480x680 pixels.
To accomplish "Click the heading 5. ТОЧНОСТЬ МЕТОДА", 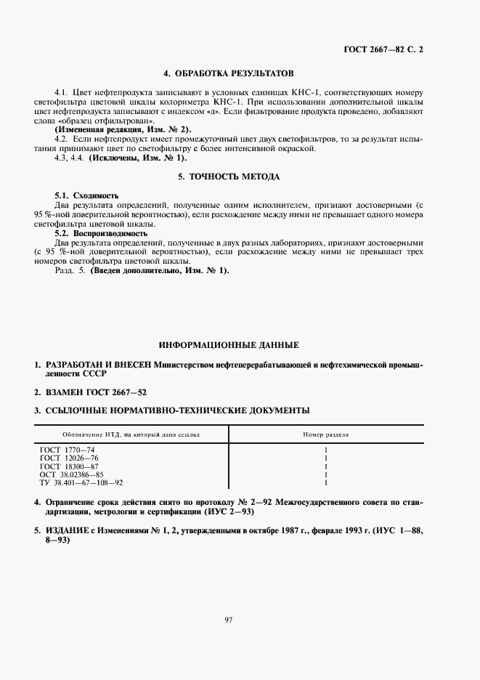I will pos(229,177).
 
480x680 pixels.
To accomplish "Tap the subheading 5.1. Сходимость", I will pos(87,196).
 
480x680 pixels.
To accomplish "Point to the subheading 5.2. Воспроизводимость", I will pos(102,233).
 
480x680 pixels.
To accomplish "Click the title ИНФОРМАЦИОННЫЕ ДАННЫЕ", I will pos(229,345).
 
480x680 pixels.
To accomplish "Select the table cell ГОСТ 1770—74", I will pos(68,450).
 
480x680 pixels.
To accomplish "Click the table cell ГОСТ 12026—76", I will pos(70,458).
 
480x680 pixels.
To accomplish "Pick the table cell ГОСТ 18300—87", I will pos(70,466).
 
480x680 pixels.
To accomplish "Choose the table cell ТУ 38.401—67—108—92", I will pos(81,482).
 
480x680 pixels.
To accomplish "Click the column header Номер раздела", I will pos(325,434).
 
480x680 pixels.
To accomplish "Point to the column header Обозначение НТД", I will pos(120,434).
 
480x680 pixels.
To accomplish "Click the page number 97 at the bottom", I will pos(229,619).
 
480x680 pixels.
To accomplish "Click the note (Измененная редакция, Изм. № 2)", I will pos(123,128).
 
